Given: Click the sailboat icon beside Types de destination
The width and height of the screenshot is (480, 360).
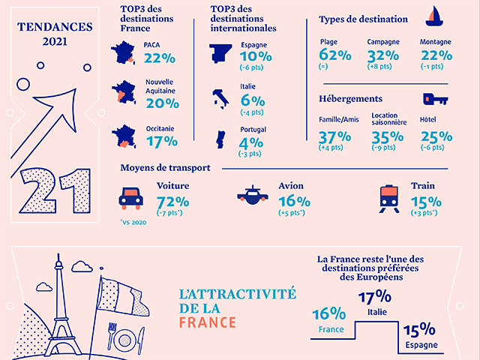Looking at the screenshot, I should click(x=436, y=15).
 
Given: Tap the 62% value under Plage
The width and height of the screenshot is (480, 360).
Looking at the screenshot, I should click(x=335, y=55).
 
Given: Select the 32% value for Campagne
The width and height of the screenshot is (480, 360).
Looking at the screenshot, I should click(x=384, y=55).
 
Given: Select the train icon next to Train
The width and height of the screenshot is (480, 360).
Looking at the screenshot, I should click(x=388, y=196).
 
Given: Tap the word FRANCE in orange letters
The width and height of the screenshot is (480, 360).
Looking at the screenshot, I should click(x=208, y=323).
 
